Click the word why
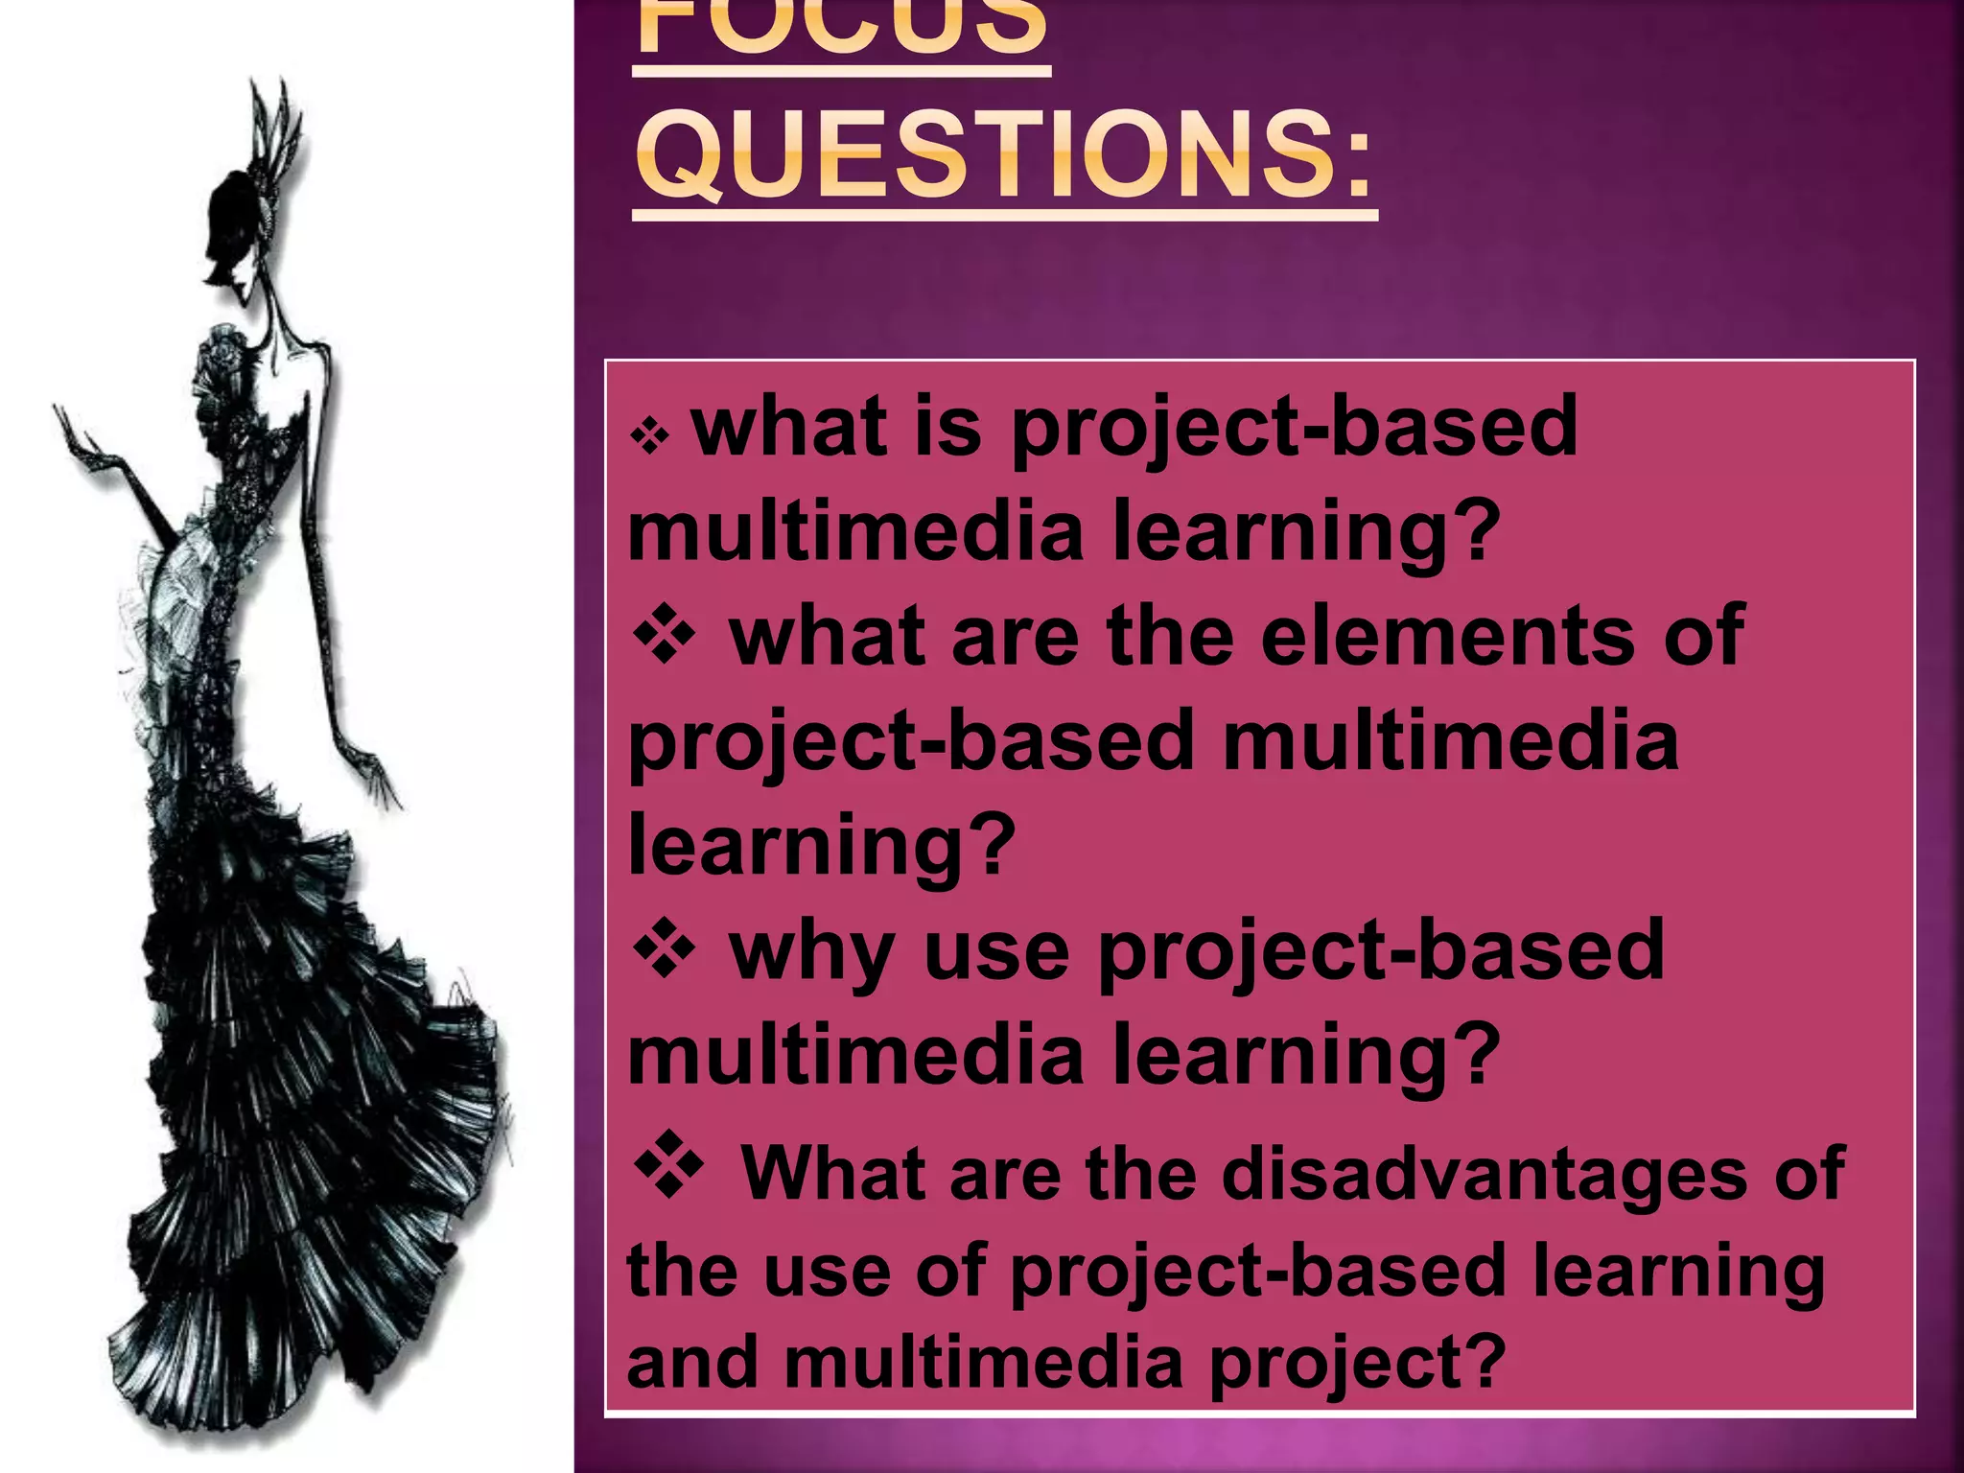tap(811, 953)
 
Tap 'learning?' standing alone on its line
tap(821, 844)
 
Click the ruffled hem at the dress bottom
tap(288, 1343)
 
